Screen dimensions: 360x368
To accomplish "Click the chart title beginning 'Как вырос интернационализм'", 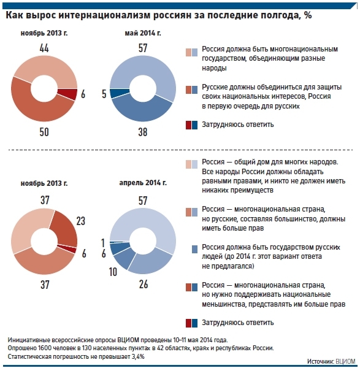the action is pos(159,15).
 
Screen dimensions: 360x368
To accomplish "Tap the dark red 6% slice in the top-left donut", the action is pos(68,94).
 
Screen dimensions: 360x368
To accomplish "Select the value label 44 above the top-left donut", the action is pos(44,48).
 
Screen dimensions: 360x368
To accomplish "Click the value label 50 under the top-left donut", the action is pos(44,132).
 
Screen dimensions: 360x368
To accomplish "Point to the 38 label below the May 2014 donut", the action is pos(143,132).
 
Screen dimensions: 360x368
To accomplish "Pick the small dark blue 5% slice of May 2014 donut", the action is pos(119,93).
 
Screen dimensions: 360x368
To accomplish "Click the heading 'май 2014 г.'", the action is pos(143,33).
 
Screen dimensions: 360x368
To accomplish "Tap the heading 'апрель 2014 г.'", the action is pos(143,183).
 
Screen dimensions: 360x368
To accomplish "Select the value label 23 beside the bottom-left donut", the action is pos(81,221).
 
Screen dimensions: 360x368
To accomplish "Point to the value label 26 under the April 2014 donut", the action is pos(144,284).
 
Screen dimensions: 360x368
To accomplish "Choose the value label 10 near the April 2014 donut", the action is pos(113,272).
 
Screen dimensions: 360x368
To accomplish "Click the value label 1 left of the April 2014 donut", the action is pos(103,243).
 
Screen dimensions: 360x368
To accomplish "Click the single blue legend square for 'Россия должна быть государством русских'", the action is pos(194,249).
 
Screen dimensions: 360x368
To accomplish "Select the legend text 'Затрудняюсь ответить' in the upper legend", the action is pos(238,125).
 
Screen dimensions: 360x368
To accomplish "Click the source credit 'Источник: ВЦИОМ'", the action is pos(331,361).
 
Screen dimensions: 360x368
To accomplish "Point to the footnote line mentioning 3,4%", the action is pos(76,356).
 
